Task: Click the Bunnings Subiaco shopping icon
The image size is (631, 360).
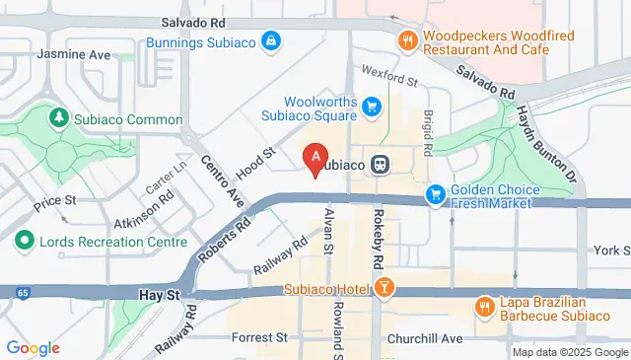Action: [270, 41]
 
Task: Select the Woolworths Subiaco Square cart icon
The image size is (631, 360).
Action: [372, 106]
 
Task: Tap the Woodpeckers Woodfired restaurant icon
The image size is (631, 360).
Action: [406, 40]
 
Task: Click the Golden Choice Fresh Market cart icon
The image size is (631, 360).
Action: [435, 197]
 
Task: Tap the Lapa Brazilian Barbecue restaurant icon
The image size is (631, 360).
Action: [485, 307]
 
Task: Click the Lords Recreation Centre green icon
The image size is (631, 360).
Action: [23, 241]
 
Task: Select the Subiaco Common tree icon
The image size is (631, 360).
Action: [60, 119]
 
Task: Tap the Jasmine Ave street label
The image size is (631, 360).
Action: [74, 55]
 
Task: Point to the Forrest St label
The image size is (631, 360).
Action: [258, 337]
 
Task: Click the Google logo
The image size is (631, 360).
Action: [33, 348]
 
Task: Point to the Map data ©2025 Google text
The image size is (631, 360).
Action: [570, 352]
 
